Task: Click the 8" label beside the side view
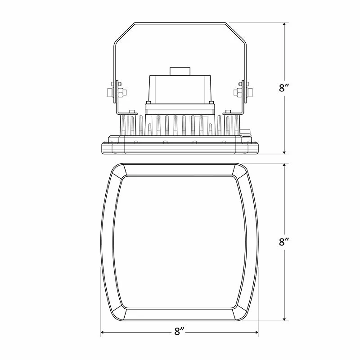(284, 88)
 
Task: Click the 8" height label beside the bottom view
(284, 242)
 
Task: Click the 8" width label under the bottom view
(179, 331)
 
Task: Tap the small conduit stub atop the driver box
(180, 71)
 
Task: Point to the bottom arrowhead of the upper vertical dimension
(284, 152)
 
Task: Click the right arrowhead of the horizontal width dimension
(256, 332)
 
